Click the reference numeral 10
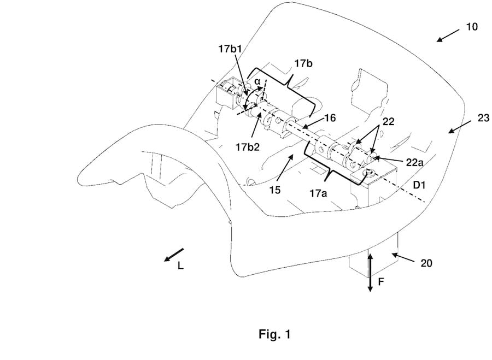[472, 27]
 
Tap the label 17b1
[232, 49]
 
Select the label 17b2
[248, 147]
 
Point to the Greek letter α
[257, 81]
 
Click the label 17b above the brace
[303, 63]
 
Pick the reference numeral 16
[330, 118]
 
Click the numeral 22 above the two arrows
[388, 121]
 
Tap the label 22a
[414, 162]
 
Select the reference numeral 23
[483, 118]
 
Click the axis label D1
[419, 185]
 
